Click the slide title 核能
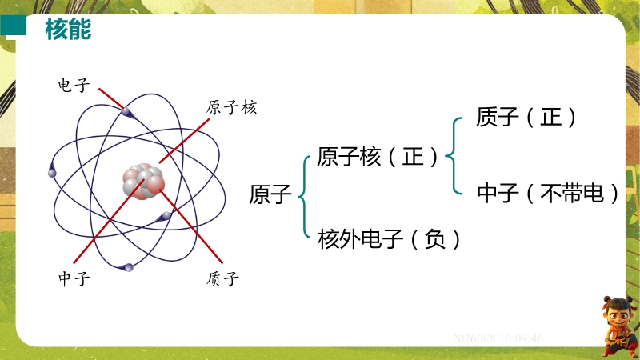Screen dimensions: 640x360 tap(68, 29)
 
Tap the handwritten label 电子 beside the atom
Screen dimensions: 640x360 tap(74, 86)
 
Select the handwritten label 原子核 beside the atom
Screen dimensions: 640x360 tap(231, 107)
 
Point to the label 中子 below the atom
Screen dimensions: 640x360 tap(74, 278)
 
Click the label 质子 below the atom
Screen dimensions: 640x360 tap(222, 278)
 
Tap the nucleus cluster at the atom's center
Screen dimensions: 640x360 tap(144, 182)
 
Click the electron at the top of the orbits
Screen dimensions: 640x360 tap(126, 111)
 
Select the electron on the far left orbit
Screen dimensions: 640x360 tap(52, 172)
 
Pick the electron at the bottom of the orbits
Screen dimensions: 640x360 tap(128, 268)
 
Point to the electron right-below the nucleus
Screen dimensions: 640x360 tap(166, 216)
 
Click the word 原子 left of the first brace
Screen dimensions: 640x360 tap(270, 194)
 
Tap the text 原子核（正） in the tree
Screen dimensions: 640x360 tap(378, 157)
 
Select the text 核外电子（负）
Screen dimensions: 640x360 tap(389, 238)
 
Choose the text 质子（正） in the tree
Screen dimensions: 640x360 tap(526, 117)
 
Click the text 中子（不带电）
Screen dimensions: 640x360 tap(548, 193)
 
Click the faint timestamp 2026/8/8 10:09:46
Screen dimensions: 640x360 tap(497, 338)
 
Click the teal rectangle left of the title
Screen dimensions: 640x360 tap(13, 26)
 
